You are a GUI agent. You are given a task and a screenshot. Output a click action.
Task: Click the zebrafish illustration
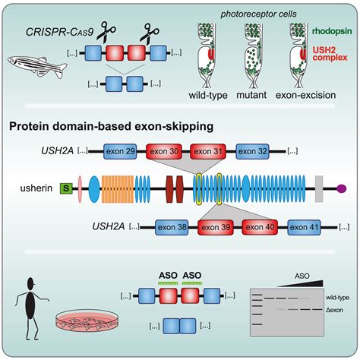point(37,66)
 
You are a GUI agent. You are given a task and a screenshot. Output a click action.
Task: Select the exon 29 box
point(120,151)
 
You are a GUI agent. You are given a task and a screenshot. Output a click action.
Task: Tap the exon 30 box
point(164,151)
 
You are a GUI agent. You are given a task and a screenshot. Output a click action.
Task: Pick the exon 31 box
point(207,151)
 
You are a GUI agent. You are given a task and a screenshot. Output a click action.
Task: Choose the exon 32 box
point(252,151)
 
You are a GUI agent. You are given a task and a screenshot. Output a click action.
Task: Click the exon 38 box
point(172,227)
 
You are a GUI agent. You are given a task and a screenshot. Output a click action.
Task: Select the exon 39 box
point(216,227)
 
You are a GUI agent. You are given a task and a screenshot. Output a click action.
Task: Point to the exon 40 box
point(260,227)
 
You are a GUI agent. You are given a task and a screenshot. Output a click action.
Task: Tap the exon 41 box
point(304,227)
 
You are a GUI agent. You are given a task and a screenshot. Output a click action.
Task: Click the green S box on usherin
point(66,188)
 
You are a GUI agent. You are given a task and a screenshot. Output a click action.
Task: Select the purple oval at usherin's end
point(341,188)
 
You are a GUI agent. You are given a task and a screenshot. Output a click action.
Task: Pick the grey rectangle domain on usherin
point(319,188)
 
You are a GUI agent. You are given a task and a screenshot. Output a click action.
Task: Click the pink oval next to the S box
point(80,188)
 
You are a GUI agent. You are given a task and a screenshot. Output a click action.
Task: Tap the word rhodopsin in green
point(332,31)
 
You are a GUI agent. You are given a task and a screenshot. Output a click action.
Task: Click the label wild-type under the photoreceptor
point(208,96)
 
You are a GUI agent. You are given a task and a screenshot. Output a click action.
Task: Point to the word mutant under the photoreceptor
point(251,96)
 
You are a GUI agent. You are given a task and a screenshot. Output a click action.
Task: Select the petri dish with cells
point(87,321)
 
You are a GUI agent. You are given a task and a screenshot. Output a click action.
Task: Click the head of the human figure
point(31,283)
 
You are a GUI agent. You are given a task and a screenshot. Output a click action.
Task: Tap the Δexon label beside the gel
point(334,310)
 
